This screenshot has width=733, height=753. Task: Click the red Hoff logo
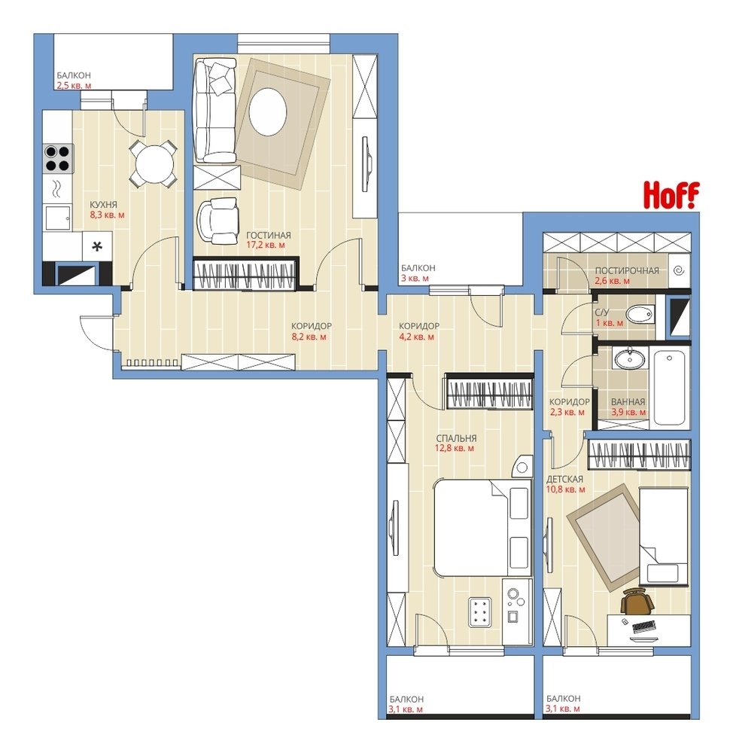click(671, 195)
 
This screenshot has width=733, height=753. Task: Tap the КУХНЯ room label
click(103, 205)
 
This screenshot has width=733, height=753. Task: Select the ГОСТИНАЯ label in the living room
click(269, 235)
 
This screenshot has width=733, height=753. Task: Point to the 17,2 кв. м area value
click(266, 245)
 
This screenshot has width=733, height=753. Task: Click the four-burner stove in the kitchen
click(58, 159)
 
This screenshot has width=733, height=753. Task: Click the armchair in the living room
click(219, 221)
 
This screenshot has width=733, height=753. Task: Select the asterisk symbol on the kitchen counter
click(97, 247)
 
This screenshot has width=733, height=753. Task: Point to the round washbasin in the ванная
click(628, 358)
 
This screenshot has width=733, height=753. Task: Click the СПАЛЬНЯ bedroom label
click(456, 438)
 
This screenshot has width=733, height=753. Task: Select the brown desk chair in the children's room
click(637, 600)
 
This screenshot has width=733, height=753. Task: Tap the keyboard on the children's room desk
click(644, 626)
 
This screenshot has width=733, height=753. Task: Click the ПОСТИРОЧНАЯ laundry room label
click(627, 271)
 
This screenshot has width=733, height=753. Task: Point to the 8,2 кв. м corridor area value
click(309, 337)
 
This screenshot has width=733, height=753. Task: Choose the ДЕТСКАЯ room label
click(564, 479)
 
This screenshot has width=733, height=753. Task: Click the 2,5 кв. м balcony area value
click(74, 86)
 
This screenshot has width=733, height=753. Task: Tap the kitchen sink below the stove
click(58, 218)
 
